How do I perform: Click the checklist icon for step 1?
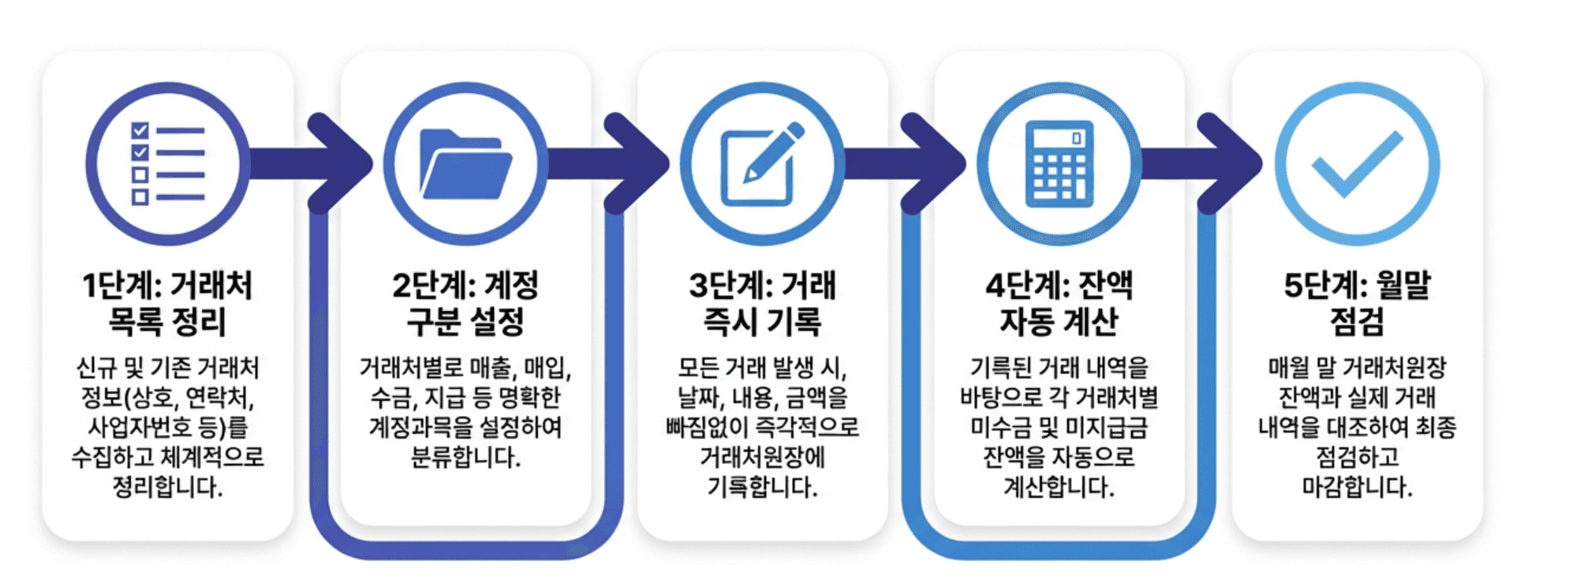(x=167, y=163)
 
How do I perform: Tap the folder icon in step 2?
(x=465, y=163)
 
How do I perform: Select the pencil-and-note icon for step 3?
(x=762, y=163)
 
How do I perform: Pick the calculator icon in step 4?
(x=1059, y=163)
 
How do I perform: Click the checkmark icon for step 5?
(x=1357, y=163)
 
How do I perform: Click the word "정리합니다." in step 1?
(x=167, y=487)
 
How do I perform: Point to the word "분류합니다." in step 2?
(x=465, y=457)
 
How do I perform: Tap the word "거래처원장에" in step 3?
(x=762, y=457)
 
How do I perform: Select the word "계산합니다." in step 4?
(x=1059, y=487)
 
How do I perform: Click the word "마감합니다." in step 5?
(x=1357, y=487)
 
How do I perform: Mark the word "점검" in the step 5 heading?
(x=1357, y=321)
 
